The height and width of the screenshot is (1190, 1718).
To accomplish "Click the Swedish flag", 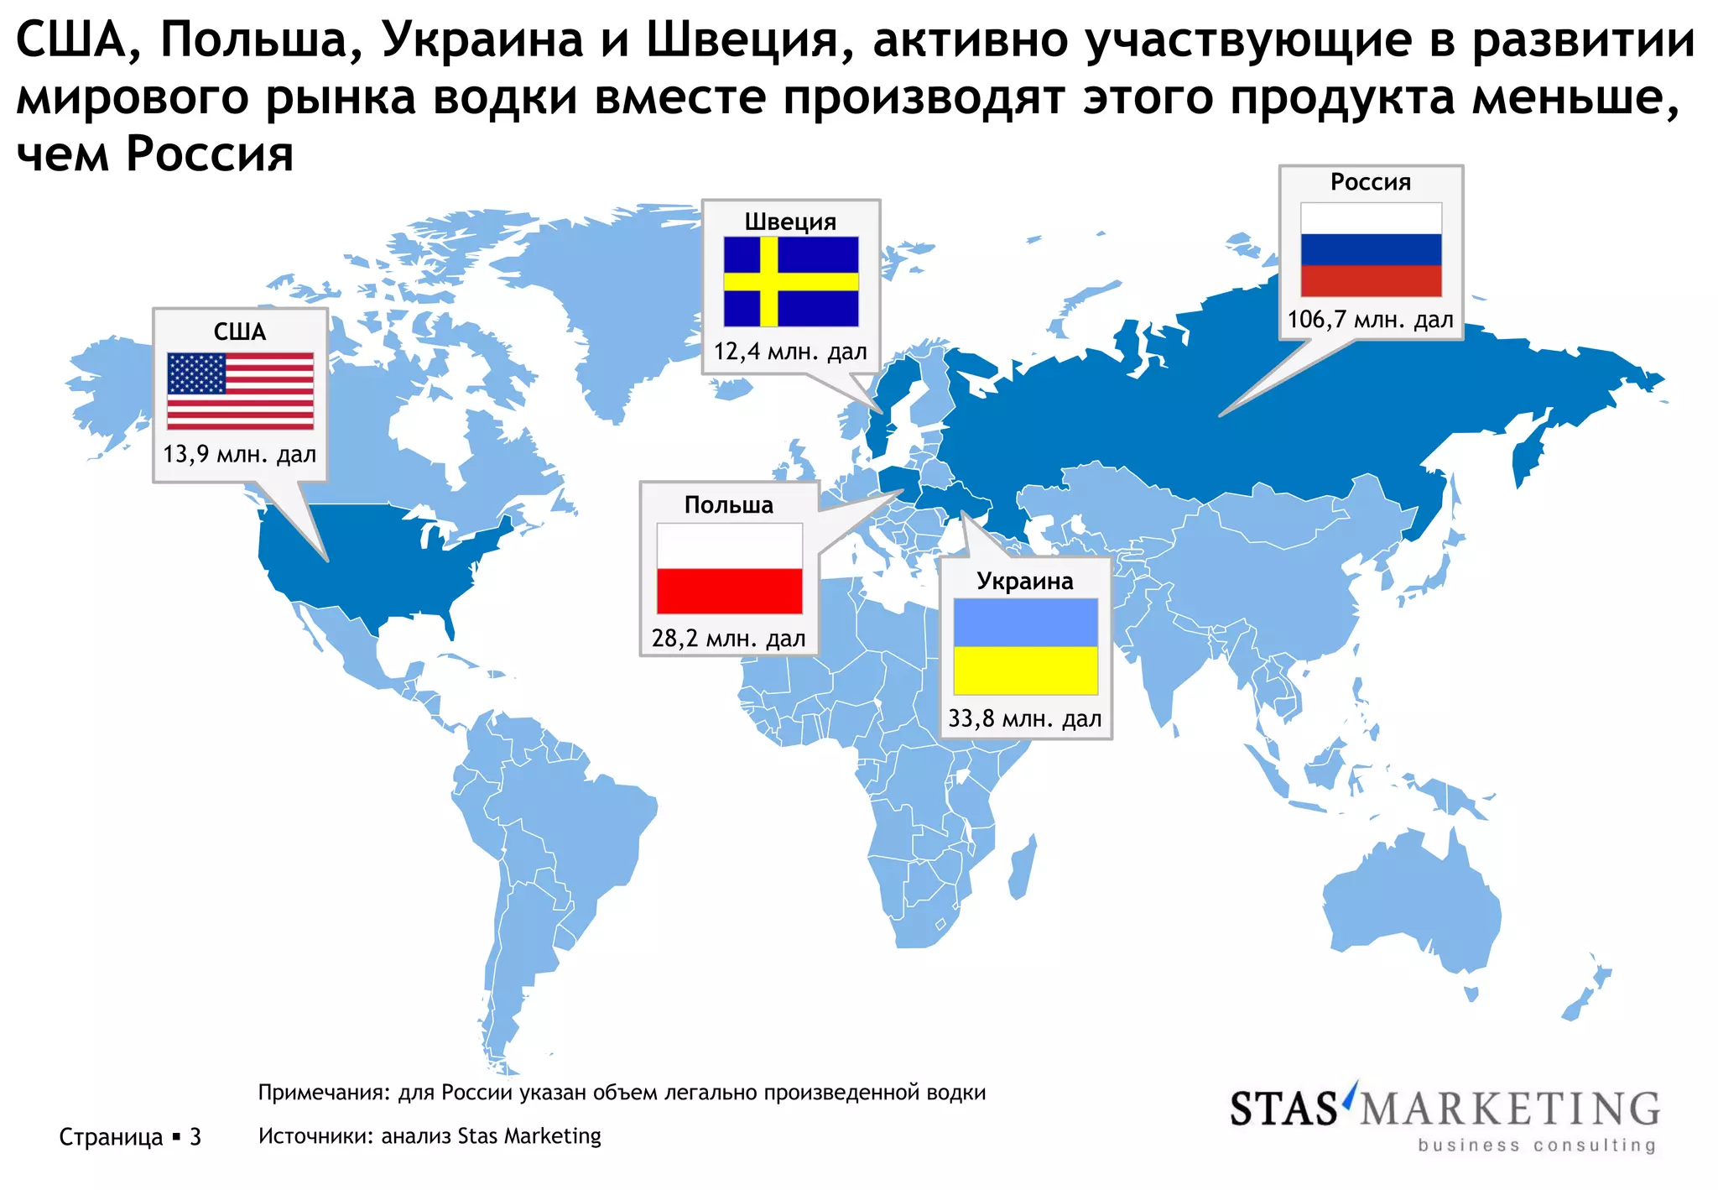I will coord(791,281).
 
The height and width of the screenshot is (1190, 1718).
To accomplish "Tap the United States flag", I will coord(240,390).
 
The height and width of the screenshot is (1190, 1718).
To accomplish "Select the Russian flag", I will coord(1371,249).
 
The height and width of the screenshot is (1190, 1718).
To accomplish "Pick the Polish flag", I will coord(729,568).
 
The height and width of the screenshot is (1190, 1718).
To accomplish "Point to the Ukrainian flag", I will coord(1025,646).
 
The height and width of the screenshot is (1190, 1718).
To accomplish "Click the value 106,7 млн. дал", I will coord(1370,320).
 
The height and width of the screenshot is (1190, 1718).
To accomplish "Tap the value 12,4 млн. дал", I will coord(790,352).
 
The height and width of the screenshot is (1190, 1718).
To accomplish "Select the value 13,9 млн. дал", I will coord(240,455).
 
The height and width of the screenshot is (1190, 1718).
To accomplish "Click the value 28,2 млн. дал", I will coord(728,639).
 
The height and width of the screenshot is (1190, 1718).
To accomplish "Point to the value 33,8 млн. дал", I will coord(1024,719).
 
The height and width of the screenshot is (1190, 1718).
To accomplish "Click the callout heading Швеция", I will coord(790,222).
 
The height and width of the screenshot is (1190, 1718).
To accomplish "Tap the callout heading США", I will coord(240,332).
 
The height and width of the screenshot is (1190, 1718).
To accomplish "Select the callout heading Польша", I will coord(728,505).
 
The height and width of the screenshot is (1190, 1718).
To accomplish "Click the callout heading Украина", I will coord(1024,582).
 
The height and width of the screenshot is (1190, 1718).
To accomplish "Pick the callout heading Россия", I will coord(1371,182).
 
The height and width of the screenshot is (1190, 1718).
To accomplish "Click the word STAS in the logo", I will coord(1283,1109).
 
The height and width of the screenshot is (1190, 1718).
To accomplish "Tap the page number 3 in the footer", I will coord(195,1137).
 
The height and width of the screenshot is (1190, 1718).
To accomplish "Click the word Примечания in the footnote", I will coord(323,1093).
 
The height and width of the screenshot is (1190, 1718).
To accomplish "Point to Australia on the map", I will coord(1418,906).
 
